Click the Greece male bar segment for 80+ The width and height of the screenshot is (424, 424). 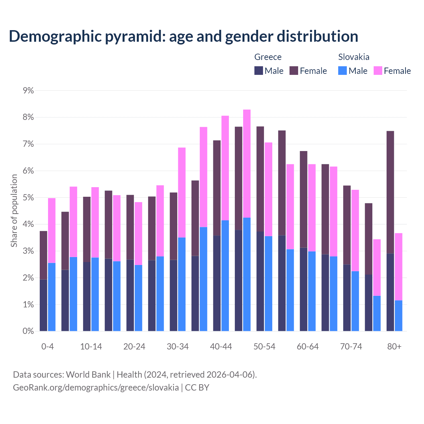(390, 292)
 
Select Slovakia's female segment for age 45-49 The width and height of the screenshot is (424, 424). (247, 164)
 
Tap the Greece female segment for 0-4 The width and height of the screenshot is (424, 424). (43, 255)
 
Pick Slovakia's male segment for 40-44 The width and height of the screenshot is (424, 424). (225, 276)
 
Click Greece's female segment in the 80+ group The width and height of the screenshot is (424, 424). (390, 192)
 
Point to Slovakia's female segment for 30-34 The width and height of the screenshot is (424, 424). (182, 192)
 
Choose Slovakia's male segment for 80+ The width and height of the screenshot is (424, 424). (398, 316)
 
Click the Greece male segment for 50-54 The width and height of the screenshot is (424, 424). (260, 281)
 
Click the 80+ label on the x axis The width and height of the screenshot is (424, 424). (394, 346)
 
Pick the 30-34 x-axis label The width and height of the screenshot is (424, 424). (178, 346)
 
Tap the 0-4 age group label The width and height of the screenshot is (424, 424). (47, 346)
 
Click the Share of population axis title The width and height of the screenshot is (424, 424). (14, 211)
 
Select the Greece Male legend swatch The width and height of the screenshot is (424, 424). (259, 71)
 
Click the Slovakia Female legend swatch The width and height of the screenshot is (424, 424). (378, 71)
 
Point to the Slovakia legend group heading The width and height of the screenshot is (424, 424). (353, 57)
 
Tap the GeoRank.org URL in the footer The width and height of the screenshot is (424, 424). (96, 387)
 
